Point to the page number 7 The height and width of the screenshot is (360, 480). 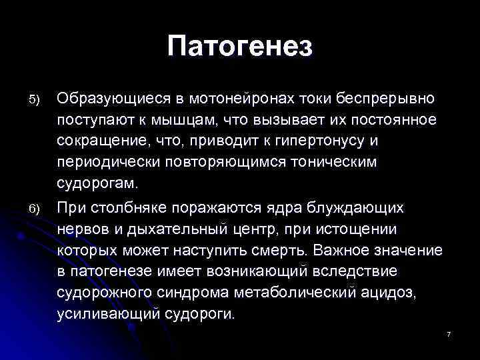tap(449, 333)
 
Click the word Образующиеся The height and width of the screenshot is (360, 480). tap(111, 99)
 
